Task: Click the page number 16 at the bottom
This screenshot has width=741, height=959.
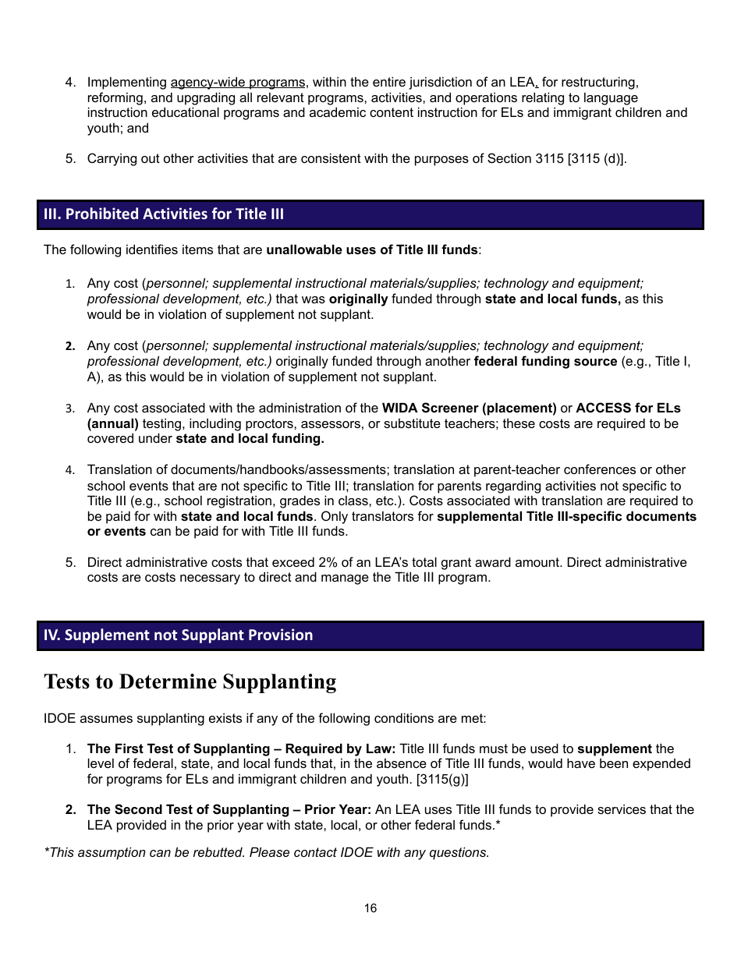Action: (370, 908)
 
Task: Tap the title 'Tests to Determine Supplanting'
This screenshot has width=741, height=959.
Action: (190, 681)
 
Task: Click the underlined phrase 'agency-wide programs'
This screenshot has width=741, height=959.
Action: (238, 82)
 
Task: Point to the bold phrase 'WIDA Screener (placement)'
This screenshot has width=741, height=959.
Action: (469, 408)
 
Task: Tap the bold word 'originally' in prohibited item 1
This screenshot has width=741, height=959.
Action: (358, 299)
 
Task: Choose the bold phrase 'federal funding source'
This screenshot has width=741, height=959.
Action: (545, 362)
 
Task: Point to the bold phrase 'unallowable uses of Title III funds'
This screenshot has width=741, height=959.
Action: (372, 250)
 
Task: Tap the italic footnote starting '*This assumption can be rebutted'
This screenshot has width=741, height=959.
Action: (266, 852)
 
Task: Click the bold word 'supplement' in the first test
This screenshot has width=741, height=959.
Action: (614, 748)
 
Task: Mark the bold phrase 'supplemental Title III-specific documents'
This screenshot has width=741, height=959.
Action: (566, 516)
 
